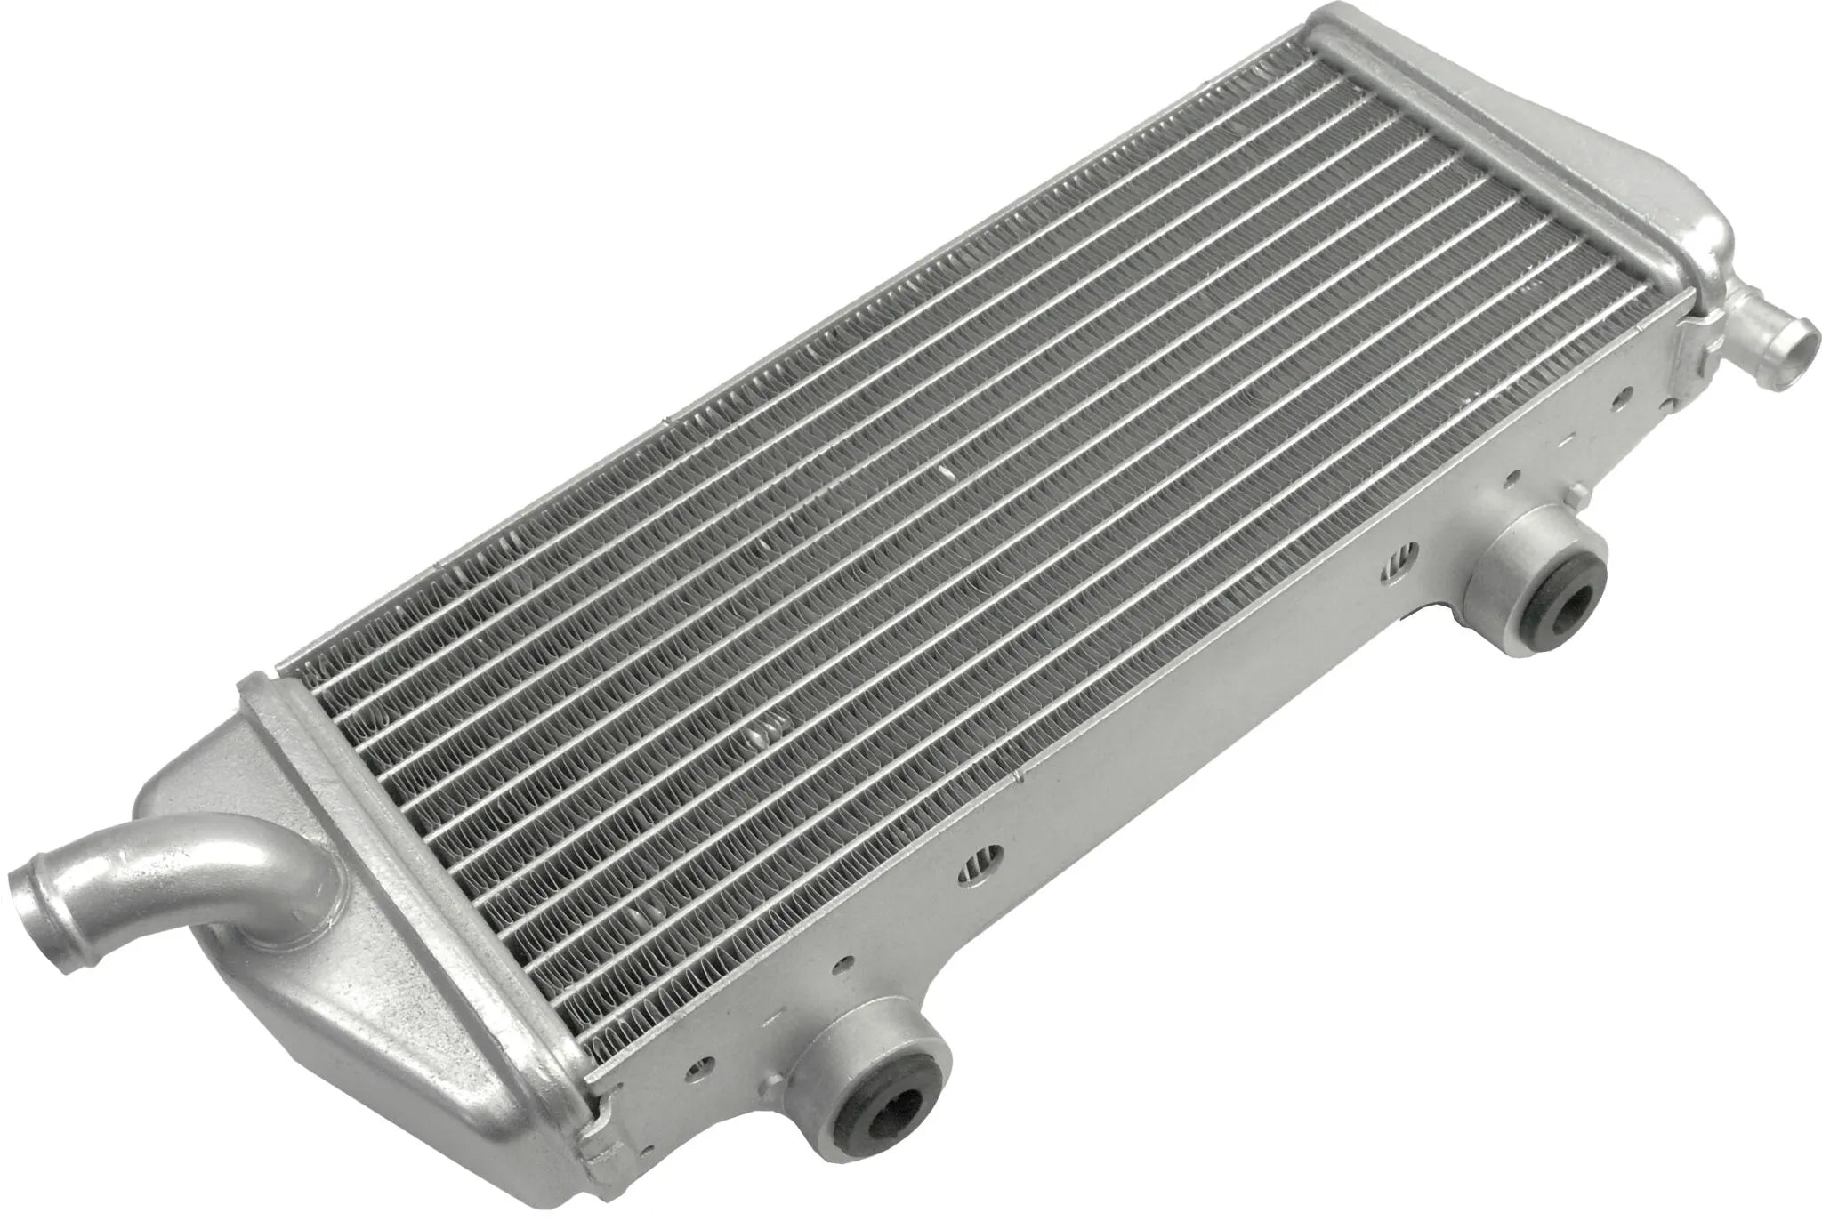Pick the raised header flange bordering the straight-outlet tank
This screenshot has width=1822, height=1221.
tap(1504, 151)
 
